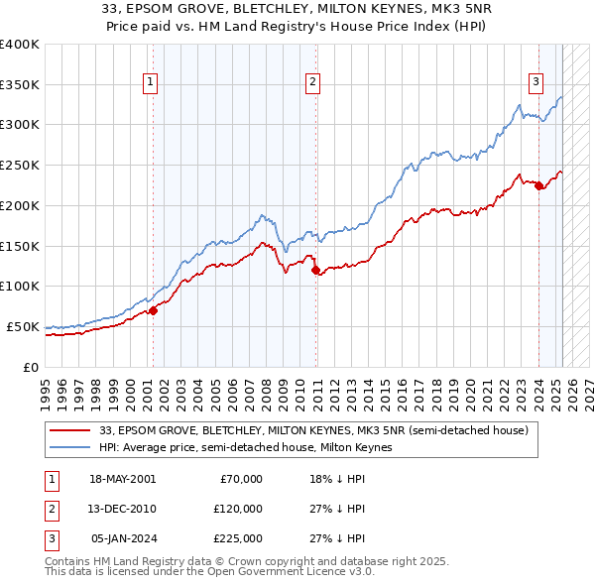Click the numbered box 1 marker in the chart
coord(150,83)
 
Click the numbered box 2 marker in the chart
coord(312,83)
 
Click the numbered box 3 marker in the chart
coord(535,83)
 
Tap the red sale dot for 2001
coord(154,310)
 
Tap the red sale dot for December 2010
coord(316,270)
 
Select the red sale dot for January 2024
coord(538,185)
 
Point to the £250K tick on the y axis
coord(22,165)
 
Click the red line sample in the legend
coord(70,430)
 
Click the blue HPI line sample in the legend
coord(70,447)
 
